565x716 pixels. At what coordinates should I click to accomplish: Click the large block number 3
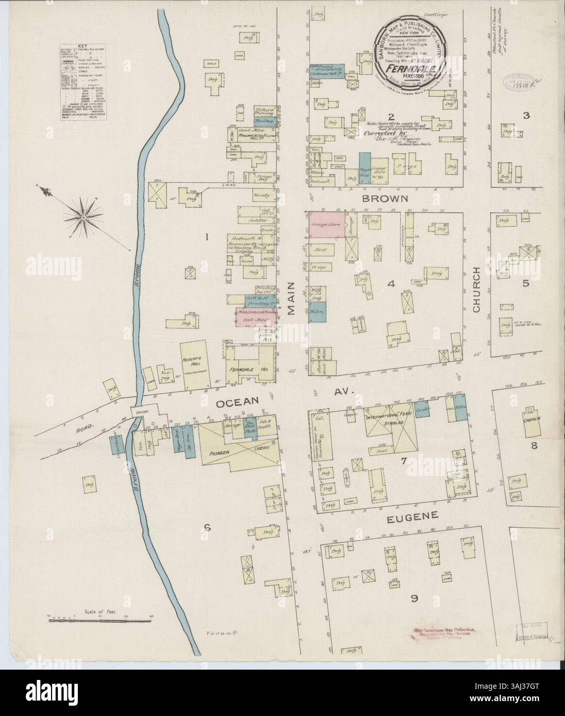[526, 115]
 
